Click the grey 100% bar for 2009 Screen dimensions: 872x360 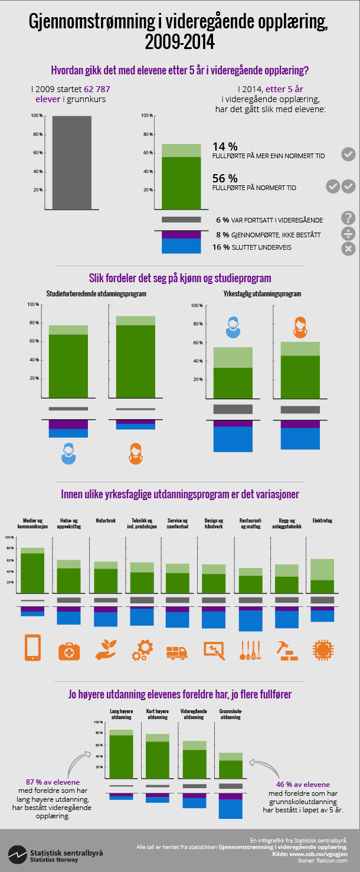[x=71, y=162]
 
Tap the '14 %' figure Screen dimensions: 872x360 [x=225, y=146]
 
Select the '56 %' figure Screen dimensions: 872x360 [x=225, y=178]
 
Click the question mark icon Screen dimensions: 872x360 [x=348, y=218]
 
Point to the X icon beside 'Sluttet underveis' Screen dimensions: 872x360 [x=348, y=249]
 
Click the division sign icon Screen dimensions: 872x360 [x=348, y=233]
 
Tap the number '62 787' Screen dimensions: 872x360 [x=97, y=89]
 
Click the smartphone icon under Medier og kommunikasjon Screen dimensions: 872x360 [x=32, y=648]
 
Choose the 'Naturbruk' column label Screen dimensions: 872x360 [x=106, y=521]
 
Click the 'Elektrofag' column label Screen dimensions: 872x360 [x=322, y=521]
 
